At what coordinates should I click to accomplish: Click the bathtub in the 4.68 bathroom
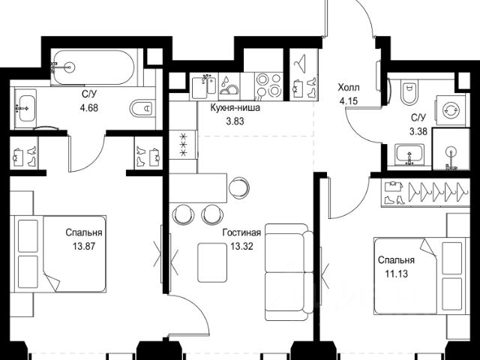point(94,67)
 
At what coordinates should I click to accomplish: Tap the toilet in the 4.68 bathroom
point(142,108)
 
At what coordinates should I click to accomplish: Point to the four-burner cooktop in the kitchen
point(269,86)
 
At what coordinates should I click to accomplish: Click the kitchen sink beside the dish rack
point(204,87)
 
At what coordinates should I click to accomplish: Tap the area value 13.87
point(84,246)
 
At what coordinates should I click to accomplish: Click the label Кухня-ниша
point(235,108)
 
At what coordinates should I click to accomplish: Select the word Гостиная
point(241,232)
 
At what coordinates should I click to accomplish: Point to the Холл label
point(349,88)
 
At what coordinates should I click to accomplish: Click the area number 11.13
point(397,273)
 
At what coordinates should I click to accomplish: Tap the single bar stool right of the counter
point(238,187)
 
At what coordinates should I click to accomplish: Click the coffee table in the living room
point(212,262)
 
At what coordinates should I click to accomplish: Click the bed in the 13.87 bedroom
point(58,253)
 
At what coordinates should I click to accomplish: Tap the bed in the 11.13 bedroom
point(421,276)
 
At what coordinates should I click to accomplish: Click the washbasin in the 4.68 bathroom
point(25,108)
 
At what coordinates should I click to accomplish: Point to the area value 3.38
point(418,132)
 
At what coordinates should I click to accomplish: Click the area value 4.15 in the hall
point(349,100)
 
